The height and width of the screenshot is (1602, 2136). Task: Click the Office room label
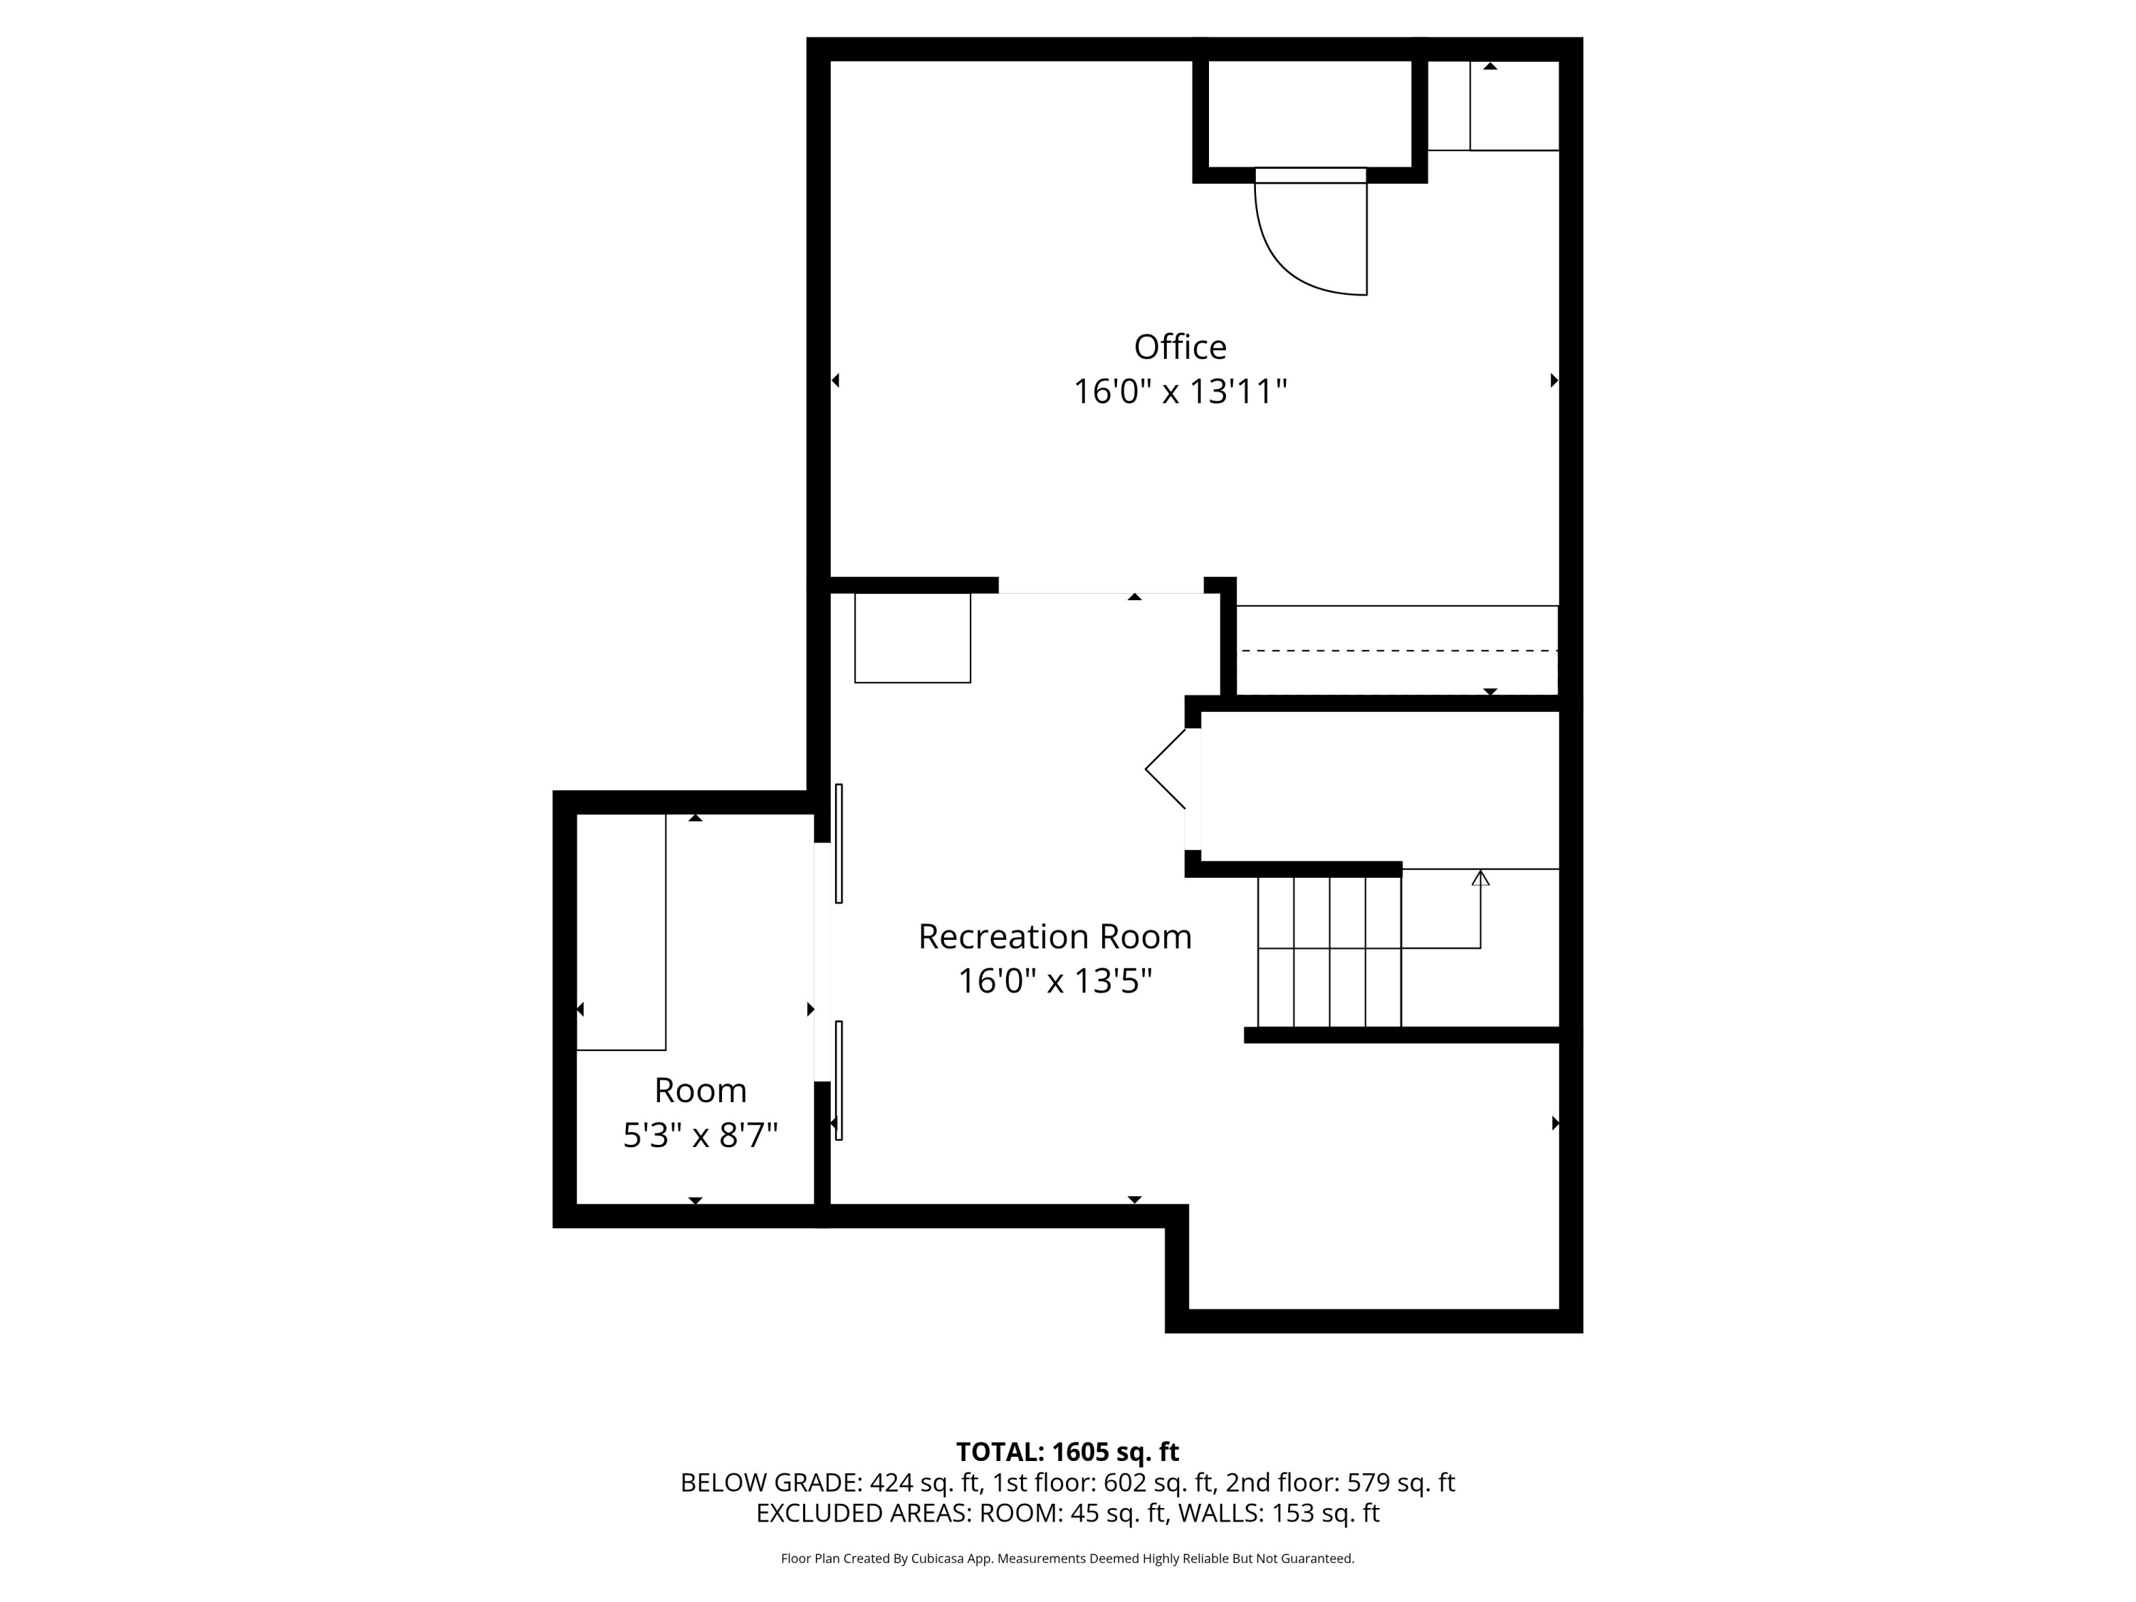pyautogui.click(x=1179, y=347)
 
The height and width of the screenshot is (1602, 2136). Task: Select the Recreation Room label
pyautogui.click(x=1054, y=937)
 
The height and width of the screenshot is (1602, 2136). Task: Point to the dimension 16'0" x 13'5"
pyautogui.click(x=1054, y=982)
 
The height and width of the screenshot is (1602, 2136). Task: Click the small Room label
pyautogui.click(x=700, y=1090)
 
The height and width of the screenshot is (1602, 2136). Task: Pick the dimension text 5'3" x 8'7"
pyautogui.click(x=700, y=1136)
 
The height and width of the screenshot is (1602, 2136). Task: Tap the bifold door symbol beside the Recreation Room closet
pyautogui.click(x=1166, y=769)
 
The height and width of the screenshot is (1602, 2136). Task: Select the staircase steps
pyautogui.click(x=1329, y=951)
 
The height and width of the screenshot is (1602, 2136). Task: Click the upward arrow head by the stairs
pyautogui.click(x=1480, y=878)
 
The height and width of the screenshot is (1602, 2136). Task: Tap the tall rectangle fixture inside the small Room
pyautogui.click(x=621, y=932)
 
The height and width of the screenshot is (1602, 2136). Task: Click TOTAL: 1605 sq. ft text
pyautogui.click(x=1067, y=1452)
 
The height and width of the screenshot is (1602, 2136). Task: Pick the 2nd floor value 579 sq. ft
pyautogui.click(x=1401, y=1483)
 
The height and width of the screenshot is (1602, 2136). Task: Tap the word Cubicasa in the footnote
pyautogui.click(x=938, y=1559)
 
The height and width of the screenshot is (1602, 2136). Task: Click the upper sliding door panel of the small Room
pyautogui.click(x=838, y=843)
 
